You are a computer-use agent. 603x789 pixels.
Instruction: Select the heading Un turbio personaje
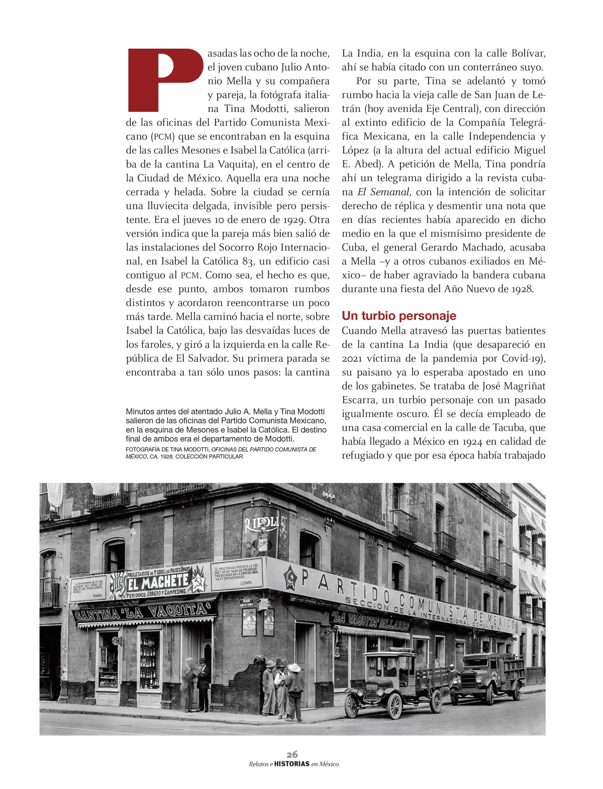[x=398, y=316]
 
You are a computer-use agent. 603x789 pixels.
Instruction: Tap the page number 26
[x=292, y=754]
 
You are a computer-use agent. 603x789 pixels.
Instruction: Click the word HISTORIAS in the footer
[x=291, y=764]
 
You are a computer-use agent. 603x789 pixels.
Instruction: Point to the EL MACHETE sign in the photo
[x=158, y=583]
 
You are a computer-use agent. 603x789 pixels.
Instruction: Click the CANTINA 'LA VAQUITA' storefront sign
[x=143, y=612]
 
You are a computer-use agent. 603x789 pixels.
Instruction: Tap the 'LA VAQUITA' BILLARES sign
[x=370, y=622]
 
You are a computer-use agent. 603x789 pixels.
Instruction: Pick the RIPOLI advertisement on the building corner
[x=260, y=532]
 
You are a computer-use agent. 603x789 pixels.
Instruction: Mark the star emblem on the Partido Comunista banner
[x=290, y=578]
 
